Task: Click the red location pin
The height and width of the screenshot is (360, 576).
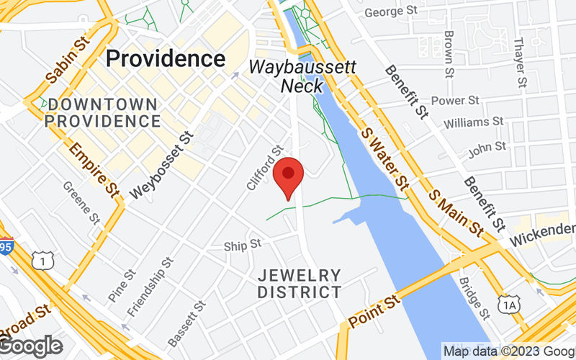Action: [289, 176]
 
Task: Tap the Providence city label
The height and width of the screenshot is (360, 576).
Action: [166, 58]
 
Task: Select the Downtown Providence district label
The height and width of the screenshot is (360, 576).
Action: [101, 112]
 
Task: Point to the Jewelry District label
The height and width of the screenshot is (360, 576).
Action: [299, 284]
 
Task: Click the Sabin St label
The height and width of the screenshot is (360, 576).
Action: [66, 60]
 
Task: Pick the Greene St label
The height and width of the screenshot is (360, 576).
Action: [81, 202]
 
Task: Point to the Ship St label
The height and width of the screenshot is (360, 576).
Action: [242, 246]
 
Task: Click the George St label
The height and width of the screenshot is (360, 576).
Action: [392, 12]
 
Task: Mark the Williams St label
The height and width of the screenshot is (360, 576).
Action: [473, 123]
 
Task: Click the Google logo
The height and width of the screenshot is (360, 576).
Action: [31, 346]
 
